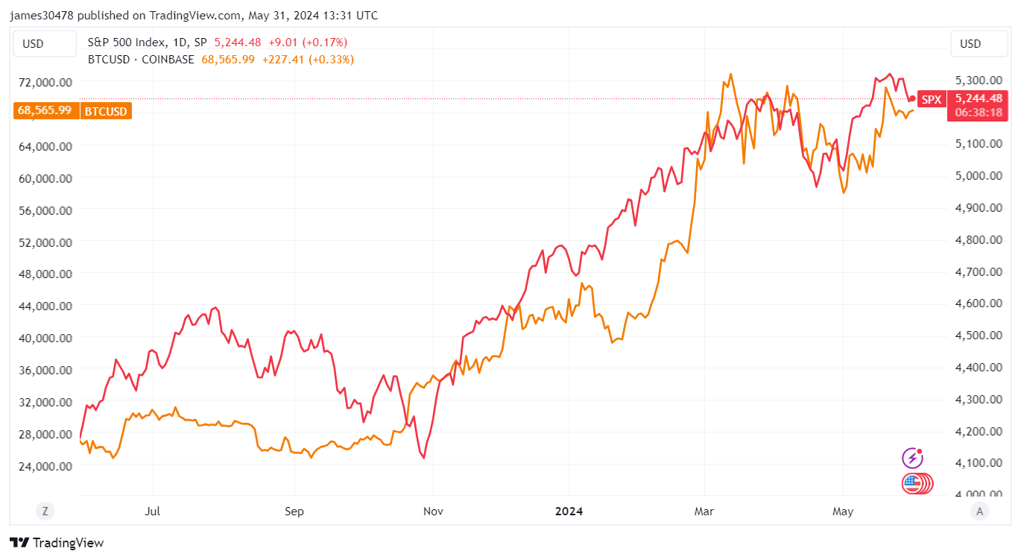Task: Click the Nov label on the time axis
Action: (x=433, y=512)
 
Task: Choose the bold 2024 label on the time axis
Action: (x=569, y=512)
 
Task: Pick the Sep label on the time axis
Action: (x=295, y=512)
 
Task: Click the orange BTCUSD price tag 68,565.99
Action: (x=45, y=111)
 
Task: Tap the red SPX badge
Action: (x=931, y=98)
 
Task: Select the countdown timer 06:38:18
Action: (x=976, y=113)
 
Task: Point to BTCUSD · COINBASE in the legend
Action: (x=141, y=60)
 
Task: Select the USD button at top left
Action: (x=33, y=44)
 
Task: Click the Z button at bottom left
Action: (x=45, y=511)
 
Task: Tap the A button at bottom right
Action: (x=980, y=511)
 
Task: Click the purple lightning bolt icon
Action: (x=911, y=458)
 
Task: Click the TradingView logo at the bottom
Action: (x=57, y=543)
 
